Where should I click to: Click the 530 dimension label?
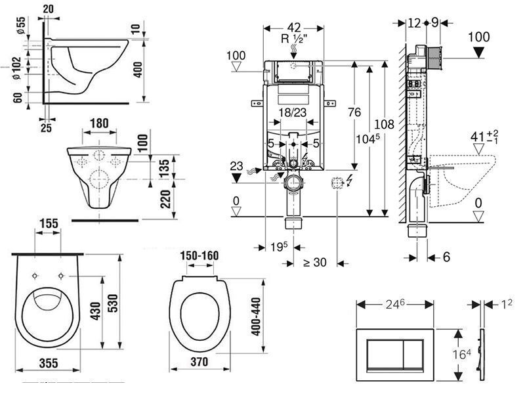(x=114, y=303)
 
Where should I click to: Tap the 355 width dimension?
(x=49, y=363)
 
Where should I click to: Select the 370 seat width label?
(x=199, y=362)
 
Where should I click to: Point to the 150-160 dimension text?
(x=199, y=255)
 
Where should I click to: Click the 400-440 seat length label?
(x=256, y=317)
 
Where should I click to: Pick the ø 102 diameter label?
(x=17, y=68)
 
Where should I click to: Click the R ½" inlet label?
(x=294, y=39)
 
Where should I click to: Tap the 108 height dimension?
(x=384, y=124)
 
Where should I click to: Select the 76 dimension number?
(x=354, y=112)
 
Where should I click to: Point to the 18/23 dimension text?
(x=293, y=112)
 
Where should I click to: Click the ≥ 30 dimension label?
(x=315, y=262)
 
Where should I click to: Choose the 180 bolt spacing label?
(x=100, y=123)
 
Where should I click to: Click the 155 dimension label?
(x=49, y=223)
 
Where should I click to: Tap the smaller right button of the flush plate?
(x=413, y=354)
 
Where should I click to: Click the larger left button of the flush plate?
(x=385, y=354)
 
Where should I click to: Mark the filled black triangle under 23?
(x=237, y=178)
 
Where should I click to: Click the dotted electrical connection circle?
(x=337, y=183)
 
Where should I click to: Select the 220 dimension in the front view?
(x=165, y=199)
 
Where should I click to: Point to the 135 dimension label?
(x=164, y=169)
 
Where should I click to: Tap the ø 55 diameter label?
(x=21, y=25)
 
